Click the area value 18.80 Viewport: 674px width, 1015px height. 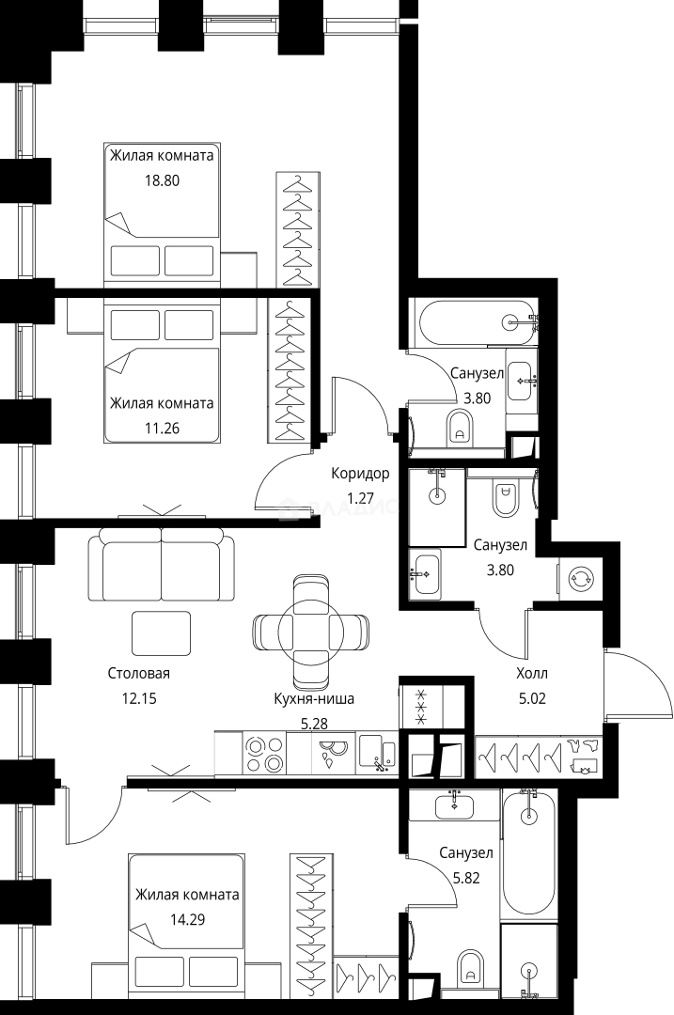(131, 180)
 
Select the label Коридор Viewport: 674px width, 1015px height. (359, 474)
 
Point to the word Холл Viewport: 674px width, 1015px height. (531, 673)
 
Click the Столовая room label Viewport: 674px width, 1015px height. (138, 673)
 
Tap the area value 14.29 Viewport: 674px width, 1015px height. (155, 919)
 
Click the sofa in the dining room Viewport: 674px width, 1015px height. (161, 566)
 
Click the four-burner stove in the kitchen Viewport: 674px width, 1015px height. (264, 754)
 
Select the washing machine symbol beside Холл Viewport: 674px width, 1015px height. (579, 578)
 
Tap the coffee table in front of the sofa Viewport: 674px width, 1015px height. (161, 632)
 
